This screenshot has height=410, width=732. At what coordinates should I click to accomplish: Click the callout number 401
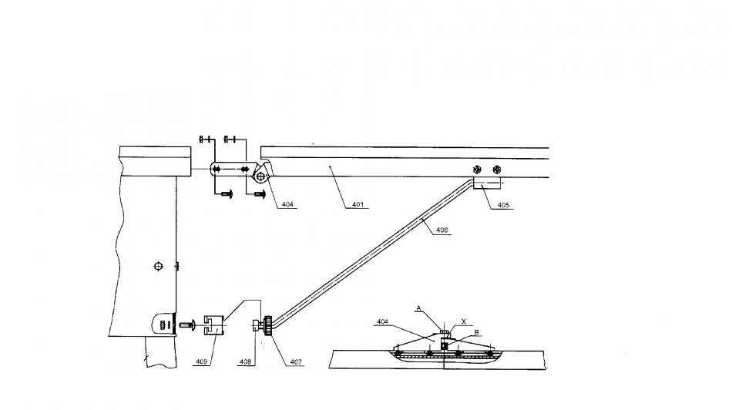(x=358, y=204)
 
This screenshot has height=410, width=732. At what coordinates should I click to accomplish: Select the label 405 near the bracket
(x=503, y=205)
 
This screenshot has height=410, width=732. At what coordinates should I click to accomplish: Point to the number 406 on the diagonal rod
(x=442, y=230)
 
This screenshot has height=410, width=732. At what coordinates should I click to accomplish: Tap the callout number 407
(x=296, y=361)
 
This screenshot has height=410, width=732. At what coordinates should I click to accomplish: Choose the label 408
(x=245, y=361)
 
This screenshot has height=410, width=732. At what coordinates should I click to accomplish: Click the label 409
(x=201, y=361)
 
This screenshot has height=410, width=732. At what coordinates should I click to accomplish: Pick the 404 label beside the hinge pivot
(x=287, y=204)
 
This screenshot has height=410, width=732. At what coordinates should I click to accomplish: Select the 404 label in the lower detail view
(x=382, y=321)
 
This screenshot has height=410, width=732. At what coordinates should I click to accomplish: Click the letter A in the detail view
(x=418, y=308)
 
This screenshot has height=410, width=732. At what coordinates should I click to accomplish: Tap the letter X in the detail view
(x=464, y=321)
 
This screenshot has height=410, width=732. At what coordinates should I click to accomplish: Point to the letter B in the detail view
(x=477, y=332)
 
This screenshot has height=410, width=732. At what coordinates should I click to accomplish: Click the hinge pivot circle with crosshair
(x=260, y=176)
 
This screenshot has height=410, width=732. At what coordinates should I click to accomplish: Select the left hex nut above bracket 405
(x=477, y=169)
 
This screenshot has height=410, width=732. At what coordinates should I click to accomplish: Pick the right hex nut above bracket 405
(x=497, y=169)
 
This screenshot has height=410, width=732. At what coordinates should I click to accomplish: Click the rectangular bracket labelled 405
(x=487, y=182)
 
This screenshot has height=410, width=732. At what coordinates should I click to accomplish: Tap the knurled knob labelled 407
(x=268, y=325)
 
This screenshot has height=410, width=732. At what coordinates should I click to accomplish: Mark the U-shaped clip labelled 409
(x=214, y=325)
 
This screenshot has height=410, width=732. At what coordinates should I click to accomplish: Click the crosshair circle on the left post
(x=159, y=266)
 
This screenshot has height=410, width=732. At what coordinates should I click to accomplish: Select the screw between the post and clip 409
(x=186, y=323)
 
